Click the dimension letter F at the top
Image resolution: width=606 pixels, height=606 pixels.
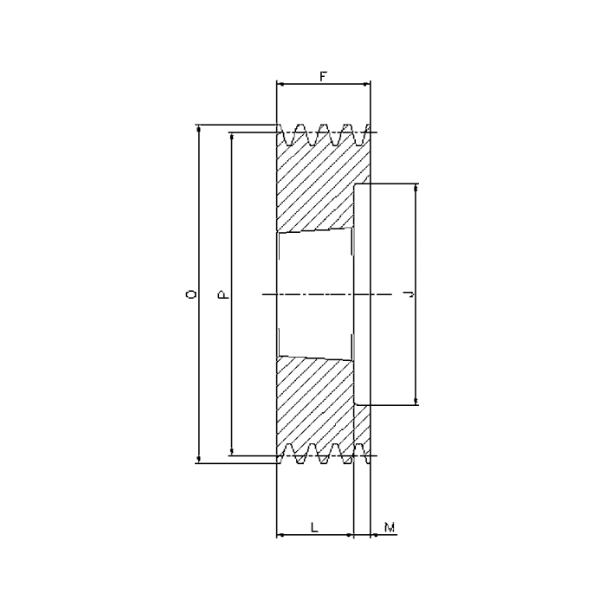pyautogui.click(x=323, y=76)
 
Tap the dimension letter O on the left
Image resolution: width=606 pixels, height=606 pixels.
pyautogui.click(x=191, y=294)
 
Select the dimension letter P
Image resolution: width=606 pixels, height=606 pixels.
pyautogui.click(x=223, y=295)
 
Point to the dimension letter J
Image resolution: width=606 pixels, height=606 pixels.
pyautogui.click(x=409, y=294)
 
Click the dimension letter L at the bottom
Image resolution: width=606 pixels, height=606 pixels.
pyautogui.click(x=314, y=526)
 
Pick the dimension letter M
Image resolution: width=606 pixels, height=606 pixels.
pyautogui.click(x=390, y=526)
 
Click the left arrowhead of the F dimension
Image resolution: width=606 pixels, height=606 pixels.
pyautogui.click(x=280, y=83)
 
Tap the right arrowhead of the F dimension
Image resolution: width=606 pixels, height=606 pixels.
pyautogui.click(x=366, y=83)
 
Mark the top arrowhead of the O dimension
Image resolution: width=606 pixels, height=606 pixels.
pyautogui.click(x=199, y=129)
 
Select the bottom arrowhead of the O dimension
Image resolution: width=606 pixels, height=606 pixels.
pyautogui.click(x=199, y=459)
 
